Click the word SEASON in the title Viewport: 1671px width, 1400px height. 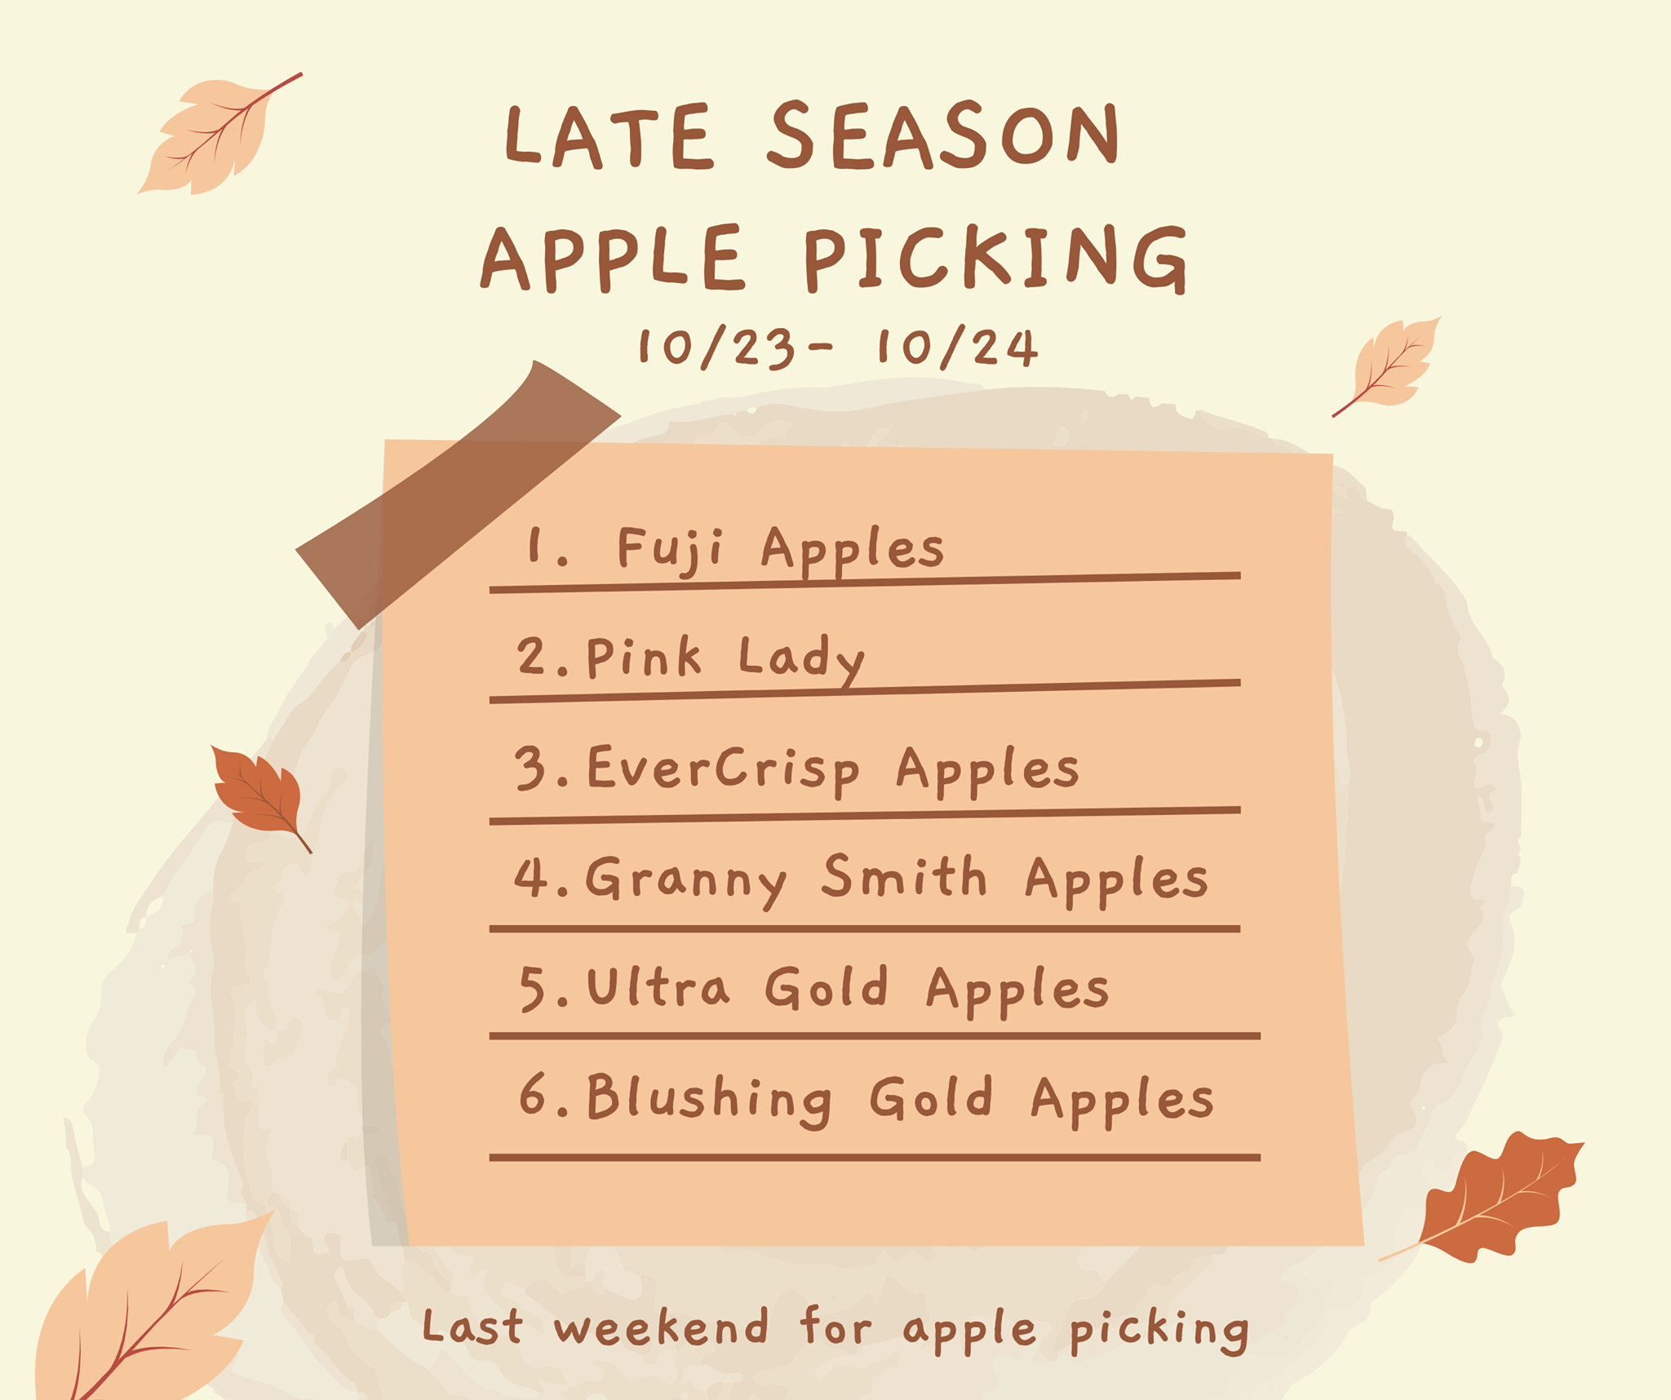click(944, 135)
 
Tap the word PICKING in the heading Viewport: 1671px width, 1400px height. click(996, 259)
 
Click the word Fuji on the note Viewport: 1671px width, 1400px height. click(670, 548)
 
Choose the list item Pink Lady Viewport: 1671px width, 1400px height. click(725, 658)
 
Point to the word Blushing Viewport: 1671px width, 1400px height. click(709, 1100)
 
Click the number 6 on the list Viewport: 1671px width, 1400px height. click(533, 1094)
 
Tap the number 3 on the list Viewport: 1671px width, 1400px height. click(530, 769)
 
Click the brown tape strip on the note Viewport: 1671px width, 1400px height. click(457, 494)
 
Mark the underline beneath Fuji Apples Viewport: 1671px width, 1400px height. click(865, 582)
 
